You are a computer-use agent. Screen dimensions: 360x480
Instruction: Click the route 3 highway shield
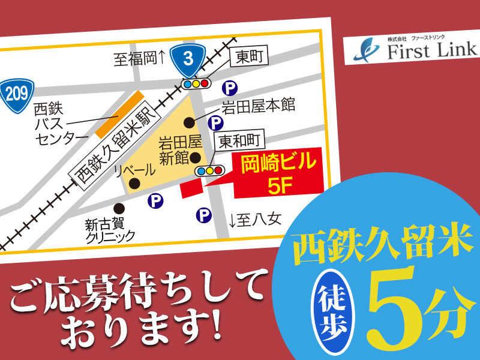[188, 59]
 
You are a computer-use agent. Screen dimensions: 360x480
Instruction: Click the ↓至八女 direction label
[254, 220]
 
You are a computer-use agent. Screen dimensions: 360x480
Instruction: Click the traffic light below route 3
[197, 82]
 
